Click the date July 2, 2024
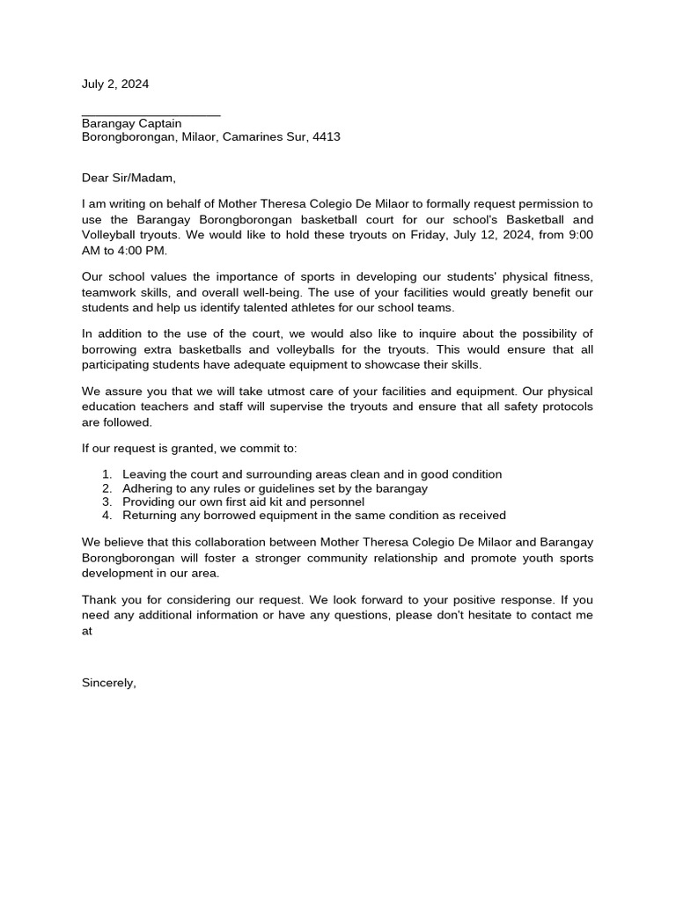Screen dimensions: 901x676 point(115,84)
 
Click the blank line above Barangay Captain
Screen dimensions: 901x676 point(151,114)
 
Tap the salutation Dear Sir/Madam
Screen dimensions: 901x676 point(129,178)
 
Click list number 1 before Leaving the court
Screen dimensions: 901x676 point(107,474)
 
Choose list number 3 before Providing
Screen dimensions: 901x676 point(107,502)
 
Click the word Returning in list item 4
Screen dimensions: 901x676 point(150,516)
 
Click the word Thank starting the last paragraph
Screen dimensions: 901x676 point(99,599)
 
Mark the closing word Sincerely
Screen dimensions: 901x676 point(108,682)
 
